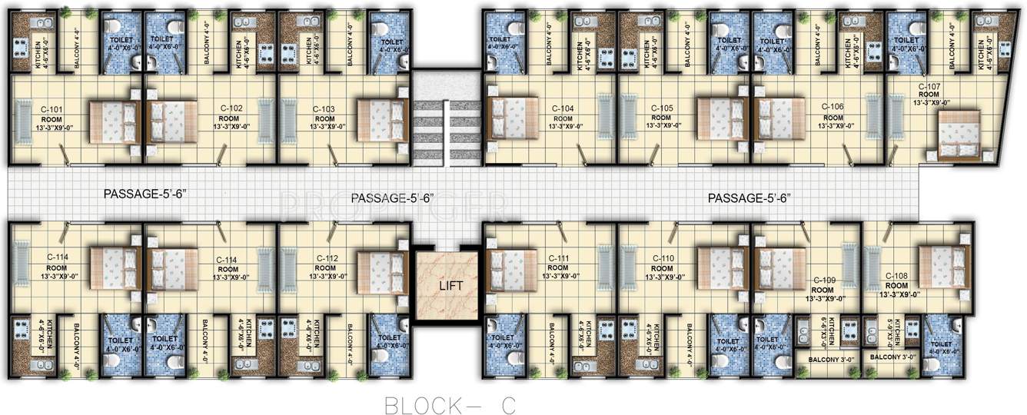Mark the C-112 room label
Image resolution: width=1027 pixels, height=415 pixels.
tap(325, 258)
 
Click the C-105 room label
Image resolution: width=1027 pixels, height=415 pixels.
tap(662, 108)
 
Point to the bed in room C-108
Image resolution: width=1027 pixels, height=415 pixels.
tap(942, 266)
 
